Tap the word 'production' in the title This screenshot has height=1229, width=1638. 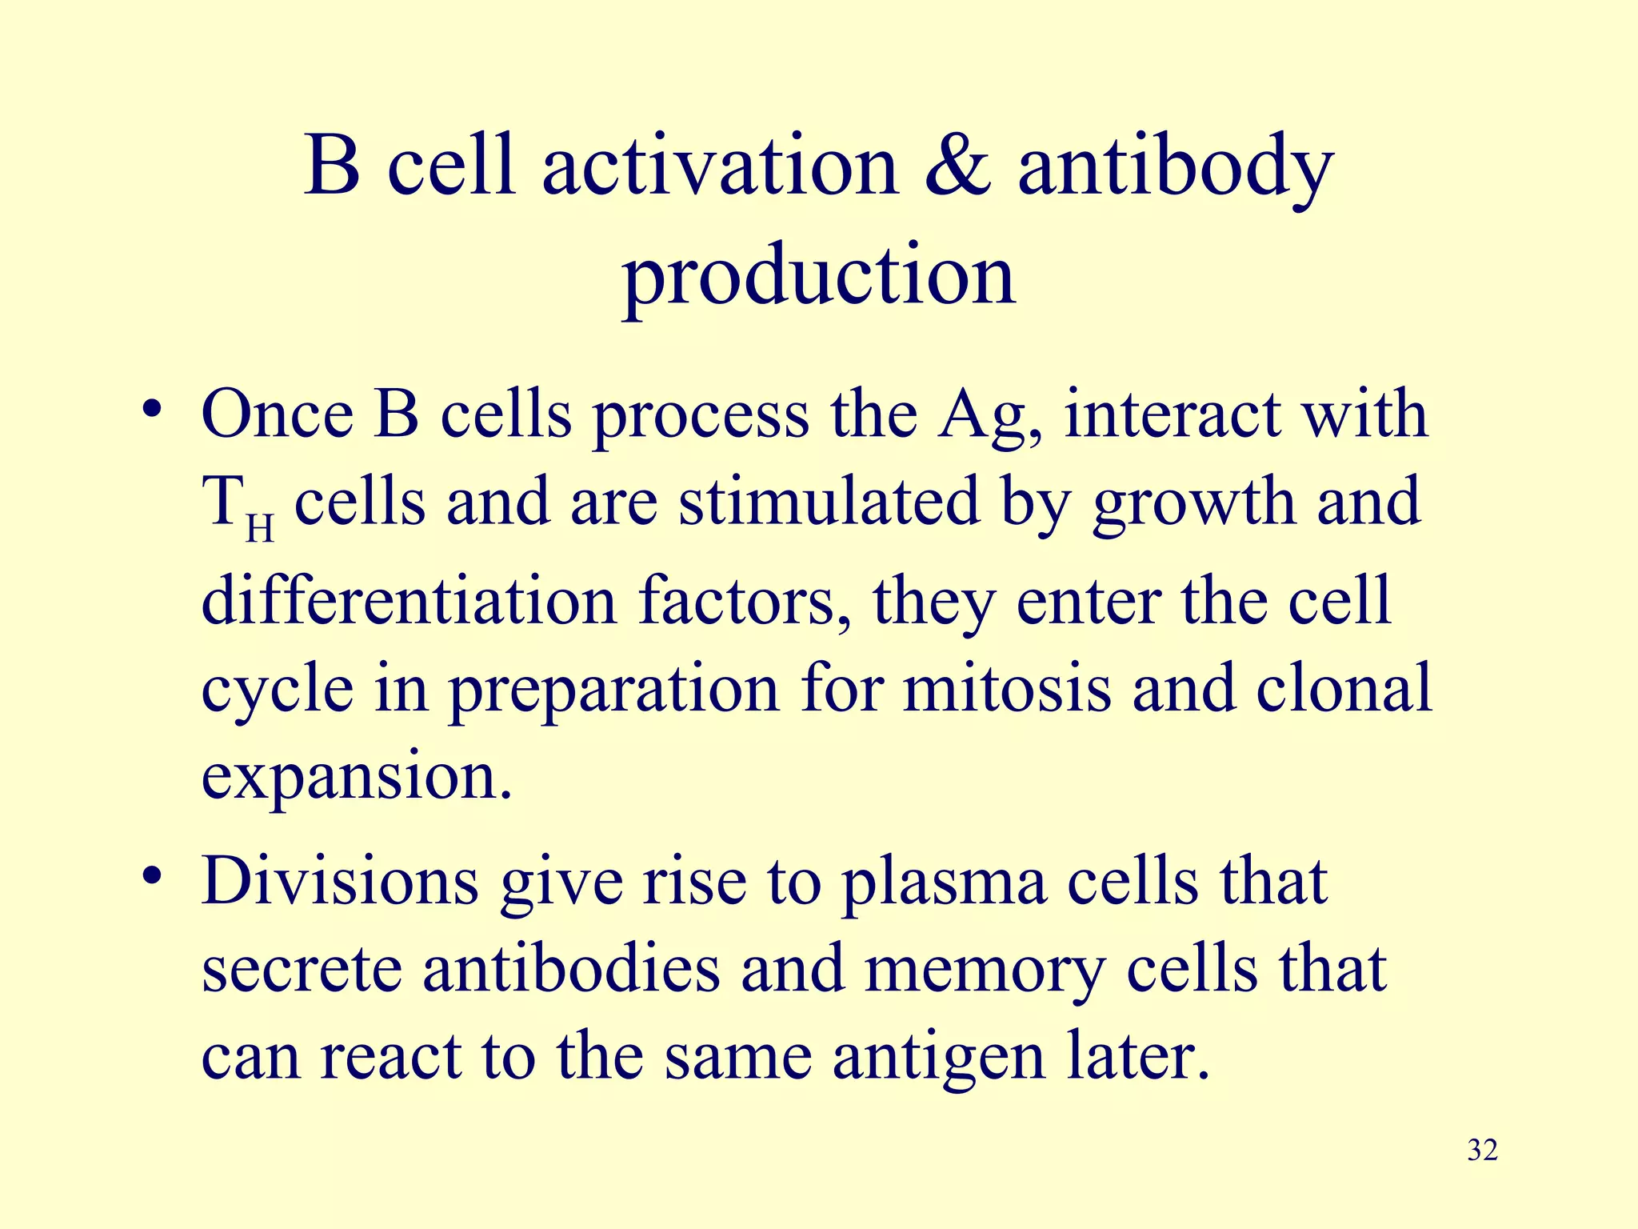tap(819, 276)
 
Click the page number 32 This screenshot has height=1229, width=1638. tap(1482, 1150)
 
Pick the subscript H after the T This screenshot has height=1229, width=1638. tap(260, 529)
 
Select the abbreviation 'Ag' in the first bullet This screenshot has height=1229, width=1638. tap(990, 416)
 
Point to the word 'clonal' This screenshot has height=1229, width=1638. tap(1343, 688)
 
